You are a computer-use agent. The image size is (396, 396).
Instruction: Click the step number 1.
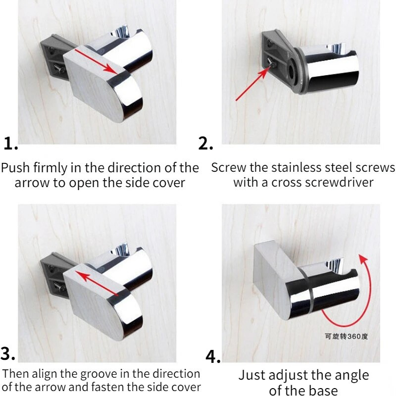(x=10, y=144)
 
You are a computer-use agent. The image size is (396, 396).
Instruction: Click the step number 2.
(x=205, y=144)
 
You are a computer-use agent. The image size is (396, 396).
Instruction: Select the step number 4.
(x=213, y=356)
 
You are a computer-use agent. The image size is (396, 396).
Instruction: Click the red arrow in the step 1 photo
(x=96, y=61)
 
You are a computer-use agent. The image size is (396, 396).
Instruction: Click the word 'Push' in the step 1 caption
(x=16, y=168)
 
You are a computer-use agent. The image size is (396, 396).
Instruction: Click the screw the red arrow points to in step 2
(x=272, y=64)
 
